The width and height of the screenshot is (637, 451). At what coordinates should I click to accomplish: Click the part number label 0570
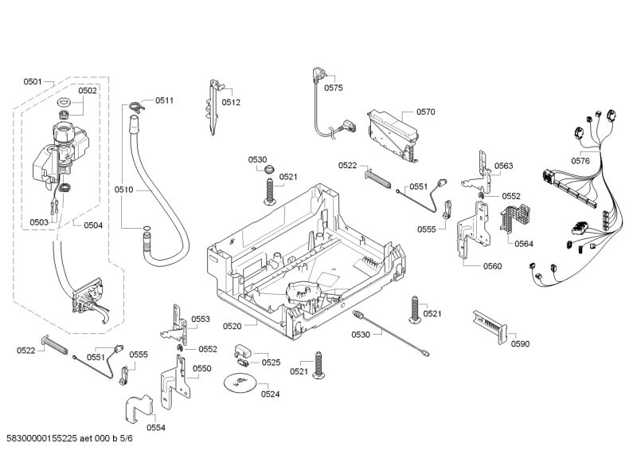point(425,112)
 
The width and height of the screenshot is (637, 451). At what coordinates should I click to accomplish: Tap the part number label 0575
point(334,88)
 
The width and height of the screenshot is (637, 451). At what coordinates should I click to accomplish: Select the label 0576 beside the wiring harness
point(580,161)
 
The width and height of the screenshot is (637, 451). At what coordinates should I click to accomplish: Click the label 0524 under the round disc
point(270,394)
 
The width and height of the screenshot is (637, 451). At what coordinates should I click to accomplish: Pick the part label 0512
point(231,102)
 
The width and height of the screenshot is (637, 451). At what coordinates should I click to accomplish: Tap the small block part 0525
point(243,351)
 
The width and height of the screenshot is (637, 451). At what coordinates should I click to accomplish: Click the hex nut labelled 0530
point(268,169)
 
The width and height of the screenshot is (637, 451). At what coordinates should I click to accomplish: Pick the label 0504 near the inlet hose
point(93,225)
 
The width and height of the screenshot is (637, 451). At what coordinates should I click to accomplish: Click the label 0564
point(523,244)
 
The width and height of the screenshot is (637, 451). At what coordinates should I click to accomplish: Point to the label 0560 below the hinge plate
point(492,266)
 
